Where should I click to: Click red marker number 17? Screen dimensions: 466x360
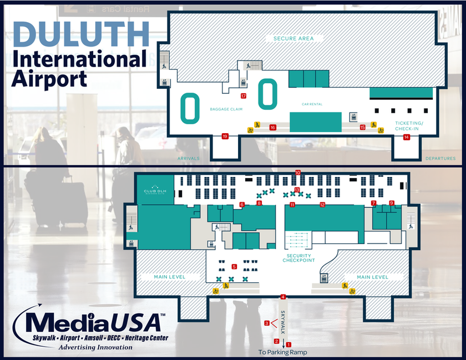point(244,96)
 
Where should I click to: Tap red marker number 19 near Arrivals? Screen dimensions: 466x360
point(225,136)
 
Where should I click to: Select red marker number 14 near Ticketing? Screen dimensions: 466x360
point(406,137)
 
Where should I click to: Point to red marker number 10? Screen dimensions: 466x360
point(298,173)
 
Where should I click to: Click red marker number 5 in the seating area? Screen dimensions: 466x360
point(234,266)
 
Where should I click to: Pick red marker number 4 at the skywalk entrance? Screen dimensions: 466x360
point(283,297)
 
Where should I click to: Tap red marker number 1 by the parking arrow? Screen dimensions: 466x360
point(288,345)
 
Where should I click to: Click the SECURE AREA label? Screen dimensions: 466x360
point(293,38)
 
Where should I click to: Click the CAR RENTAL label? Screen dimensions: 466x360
point(312,104)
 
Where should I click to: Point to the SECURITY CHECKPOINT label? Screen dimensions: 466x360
point(299,258)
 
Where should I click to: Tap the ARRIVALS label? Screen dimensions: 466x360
point(188,159)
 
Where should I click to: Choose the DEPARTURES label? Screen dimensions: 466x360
point(440,159)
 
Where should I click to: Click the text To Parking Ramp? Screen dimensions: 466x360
point(282,352)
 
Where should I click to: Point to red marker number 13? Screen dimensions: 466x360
point(297,190)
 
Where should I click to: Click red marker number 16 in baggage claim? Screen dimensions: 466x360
point(272,128)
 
